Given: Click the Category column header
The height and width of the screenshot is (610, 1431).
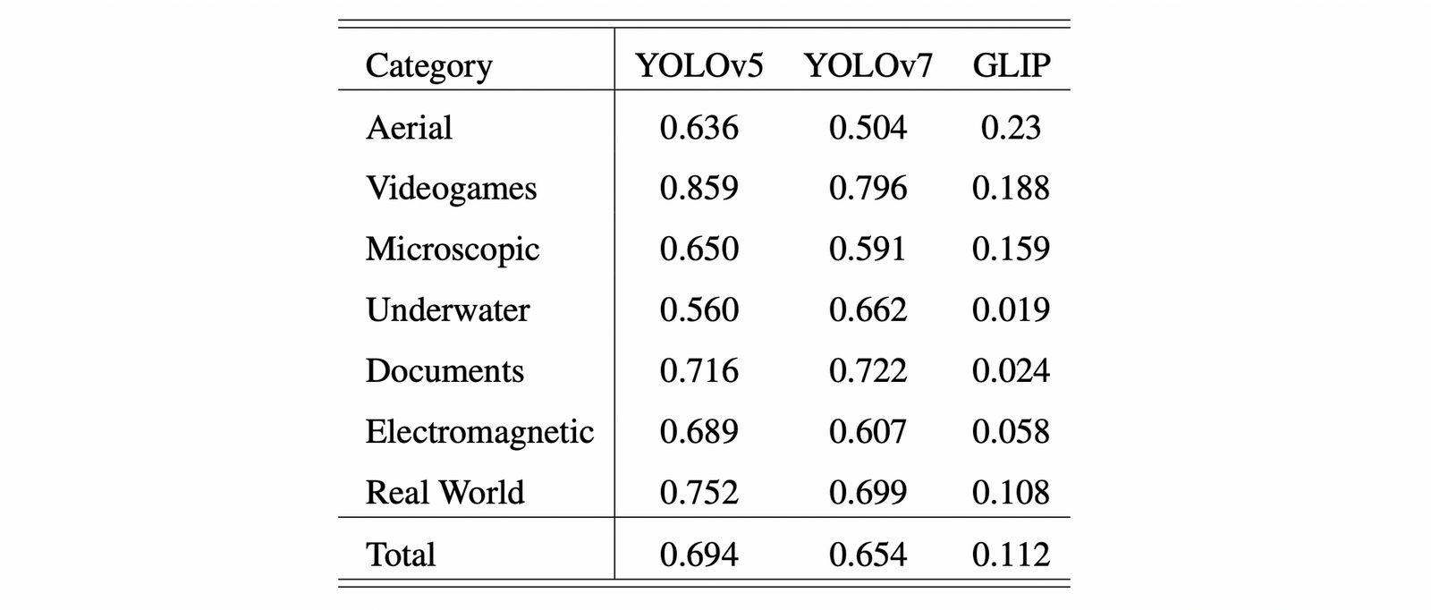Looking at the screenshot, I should coord(428,66).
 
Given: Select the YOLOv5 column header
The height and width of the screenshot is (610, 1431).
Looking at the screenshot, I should coord(699,66).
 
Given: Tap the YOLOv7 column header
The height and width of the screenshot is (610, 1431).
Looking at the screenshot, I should coord(868,66).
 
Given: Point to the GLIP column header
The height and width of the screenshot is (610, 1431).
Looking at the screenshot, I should coord(1012,66).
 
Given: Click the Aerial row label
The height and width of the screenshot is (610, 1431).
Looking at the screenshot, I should coord(409,128).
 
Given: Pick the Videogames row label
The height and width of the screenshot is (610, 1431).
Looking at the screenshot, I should coord(451,189).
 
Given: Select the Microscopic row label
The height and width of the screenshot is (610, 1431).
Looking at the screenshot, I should coord(452,250).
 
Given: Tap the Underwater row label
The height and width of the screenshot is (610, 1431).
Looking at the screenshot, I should coord(447,310).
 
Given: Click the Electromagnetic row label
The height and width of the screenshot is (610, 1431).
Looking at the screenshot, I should coord(479,432).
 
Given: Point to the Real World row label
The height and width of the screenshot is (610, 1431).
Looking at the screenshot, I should coord(445,493).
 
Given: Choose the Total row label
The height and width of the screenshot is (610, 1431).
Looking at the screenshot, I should coord(400,555).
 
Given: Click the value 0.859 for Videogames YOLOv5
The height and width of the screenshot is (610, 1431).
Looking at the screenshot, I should coord(699,189).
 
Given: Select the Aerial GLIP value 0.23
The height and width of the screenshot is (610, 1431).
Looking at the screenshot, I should coord(1011,128).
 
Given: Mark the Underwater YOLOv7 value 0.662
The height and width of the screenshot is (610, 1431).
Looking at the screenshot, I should coord(868,310).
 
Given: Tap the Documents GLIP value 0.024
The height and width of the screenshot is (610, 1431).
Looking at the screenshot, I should coord(1011,371).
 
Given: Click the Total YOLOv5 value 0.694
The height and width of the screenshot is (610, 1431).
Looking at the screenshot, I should coord(699,555).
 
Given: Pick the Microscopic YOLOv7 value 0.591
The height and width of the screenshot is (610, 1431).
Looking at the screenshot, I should coord(868,250).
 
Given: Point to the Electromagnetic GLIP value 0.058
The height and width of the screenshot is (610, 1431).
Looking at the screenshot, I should coord(1011,432).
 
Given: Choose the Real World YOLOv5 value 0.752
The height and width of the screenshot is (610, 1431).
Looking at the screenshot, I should coord(699,493).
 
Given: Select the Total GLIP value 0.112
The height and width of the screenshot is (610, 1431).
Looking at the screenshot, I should coord(1011,555).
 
